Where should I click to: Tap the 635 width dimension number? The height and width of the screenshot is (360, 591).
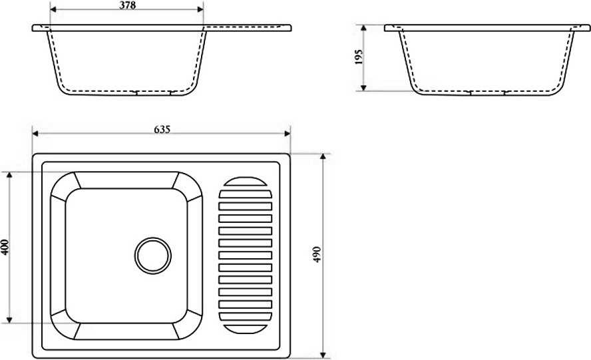[162, 129]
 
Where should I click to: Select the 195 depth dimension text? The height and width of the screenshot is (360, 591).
[359, 57]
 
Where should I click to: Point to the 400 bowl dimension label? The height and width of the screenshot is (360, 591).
[5, 248]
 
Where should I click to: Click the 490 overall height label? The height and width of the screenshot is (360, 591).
[317, 254]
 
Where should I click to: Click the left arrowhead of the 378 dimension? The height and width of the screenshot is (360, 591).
[53, 10]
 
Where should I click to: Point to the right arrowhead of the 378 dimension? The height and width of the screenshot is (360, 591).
[200, 10]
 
